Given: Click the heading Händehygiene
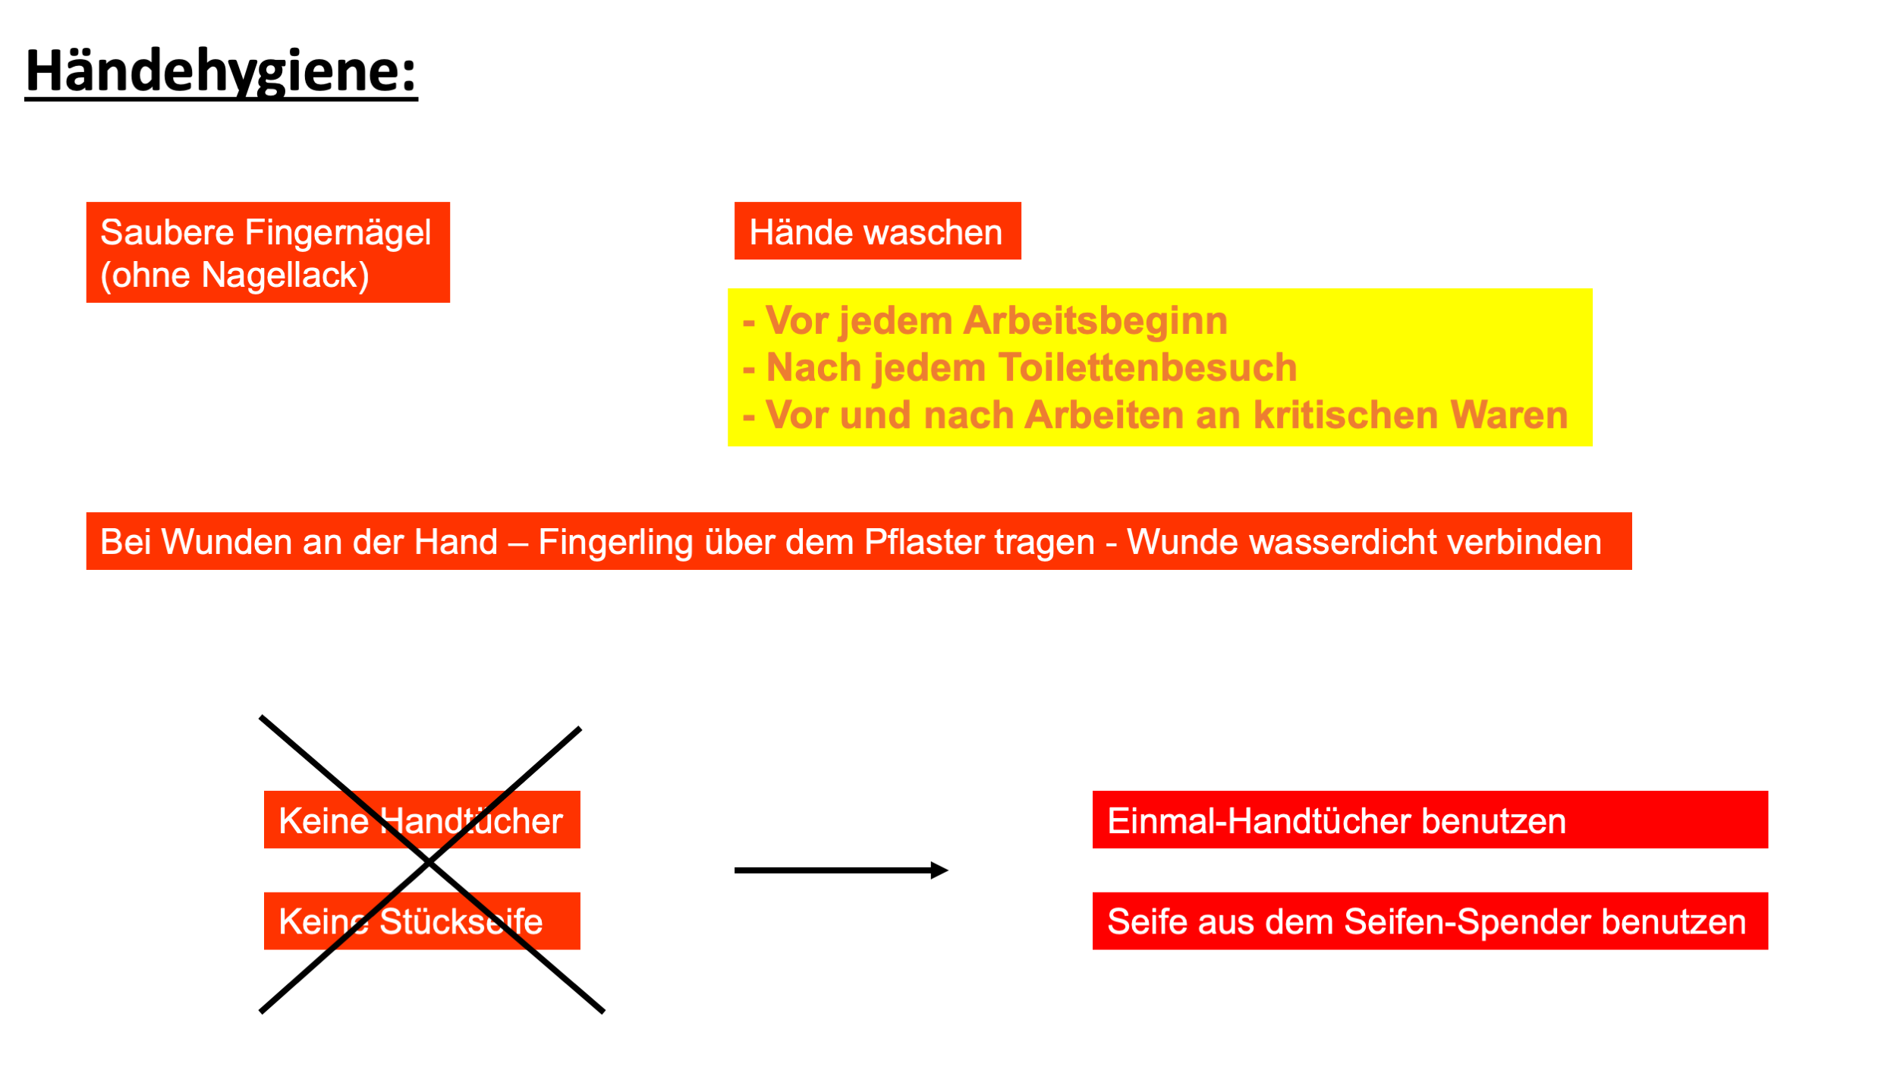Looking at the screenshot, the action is click(x=221, y=71).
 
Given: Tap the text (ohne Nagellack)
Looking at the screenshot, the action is click(x=234, y=275).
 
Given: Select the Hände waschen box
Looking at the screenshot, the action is click(x=877, y=231).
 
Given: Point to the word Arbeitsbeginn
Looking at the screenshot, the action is click(x=1095, y=321).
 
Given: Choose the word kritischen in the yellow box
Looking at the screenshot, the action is click(x=1345, y=416).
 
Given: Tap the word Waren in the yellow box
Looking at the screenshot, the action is click(x=1508, y=416).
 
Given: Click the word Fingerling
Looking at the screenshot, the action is click(x=615, y=543).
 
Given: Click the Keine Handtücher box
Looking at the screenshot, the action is click(x=422, y=820).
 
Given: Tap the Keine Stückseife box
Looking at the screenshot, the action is click(x=422, y=921).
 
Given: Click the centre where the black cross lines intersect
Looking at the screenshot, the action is click(x=429, y=863).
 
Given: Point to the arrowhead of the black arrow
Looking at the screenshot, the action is click(x=939, y=870).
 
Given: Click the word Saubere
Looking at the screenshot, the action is click(x=167, y=232).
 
